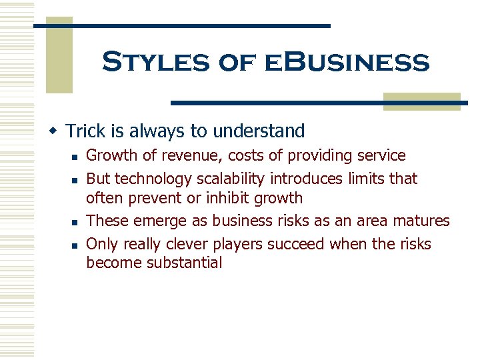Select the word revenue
[187, 156]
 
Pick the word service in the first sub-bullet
[381, 156]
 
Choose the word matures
[424, 221]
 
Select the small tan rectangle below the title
[421, 101]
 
